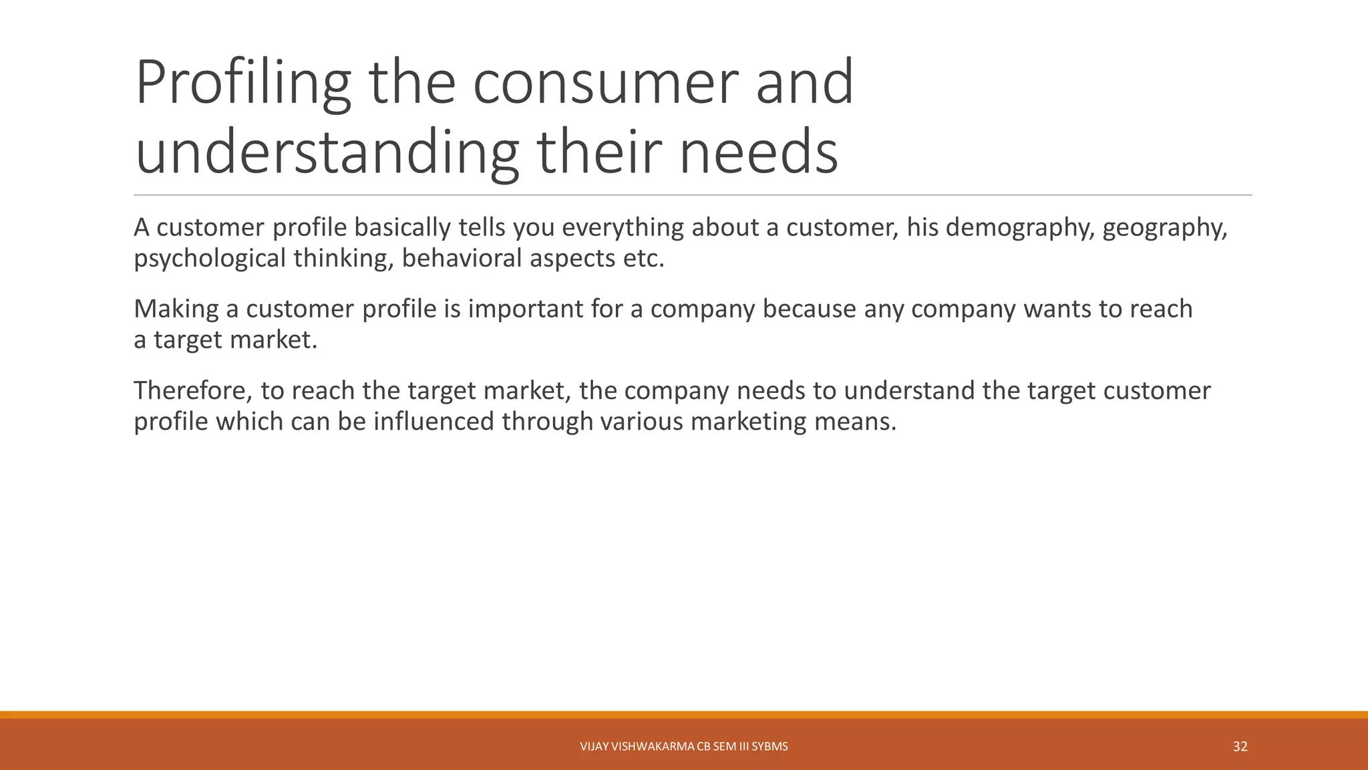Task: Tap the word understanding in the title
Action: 327,152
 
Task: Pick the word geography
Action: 1165,229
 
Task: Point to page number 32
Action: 1240,747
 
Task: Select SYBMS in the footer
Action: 769,747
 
